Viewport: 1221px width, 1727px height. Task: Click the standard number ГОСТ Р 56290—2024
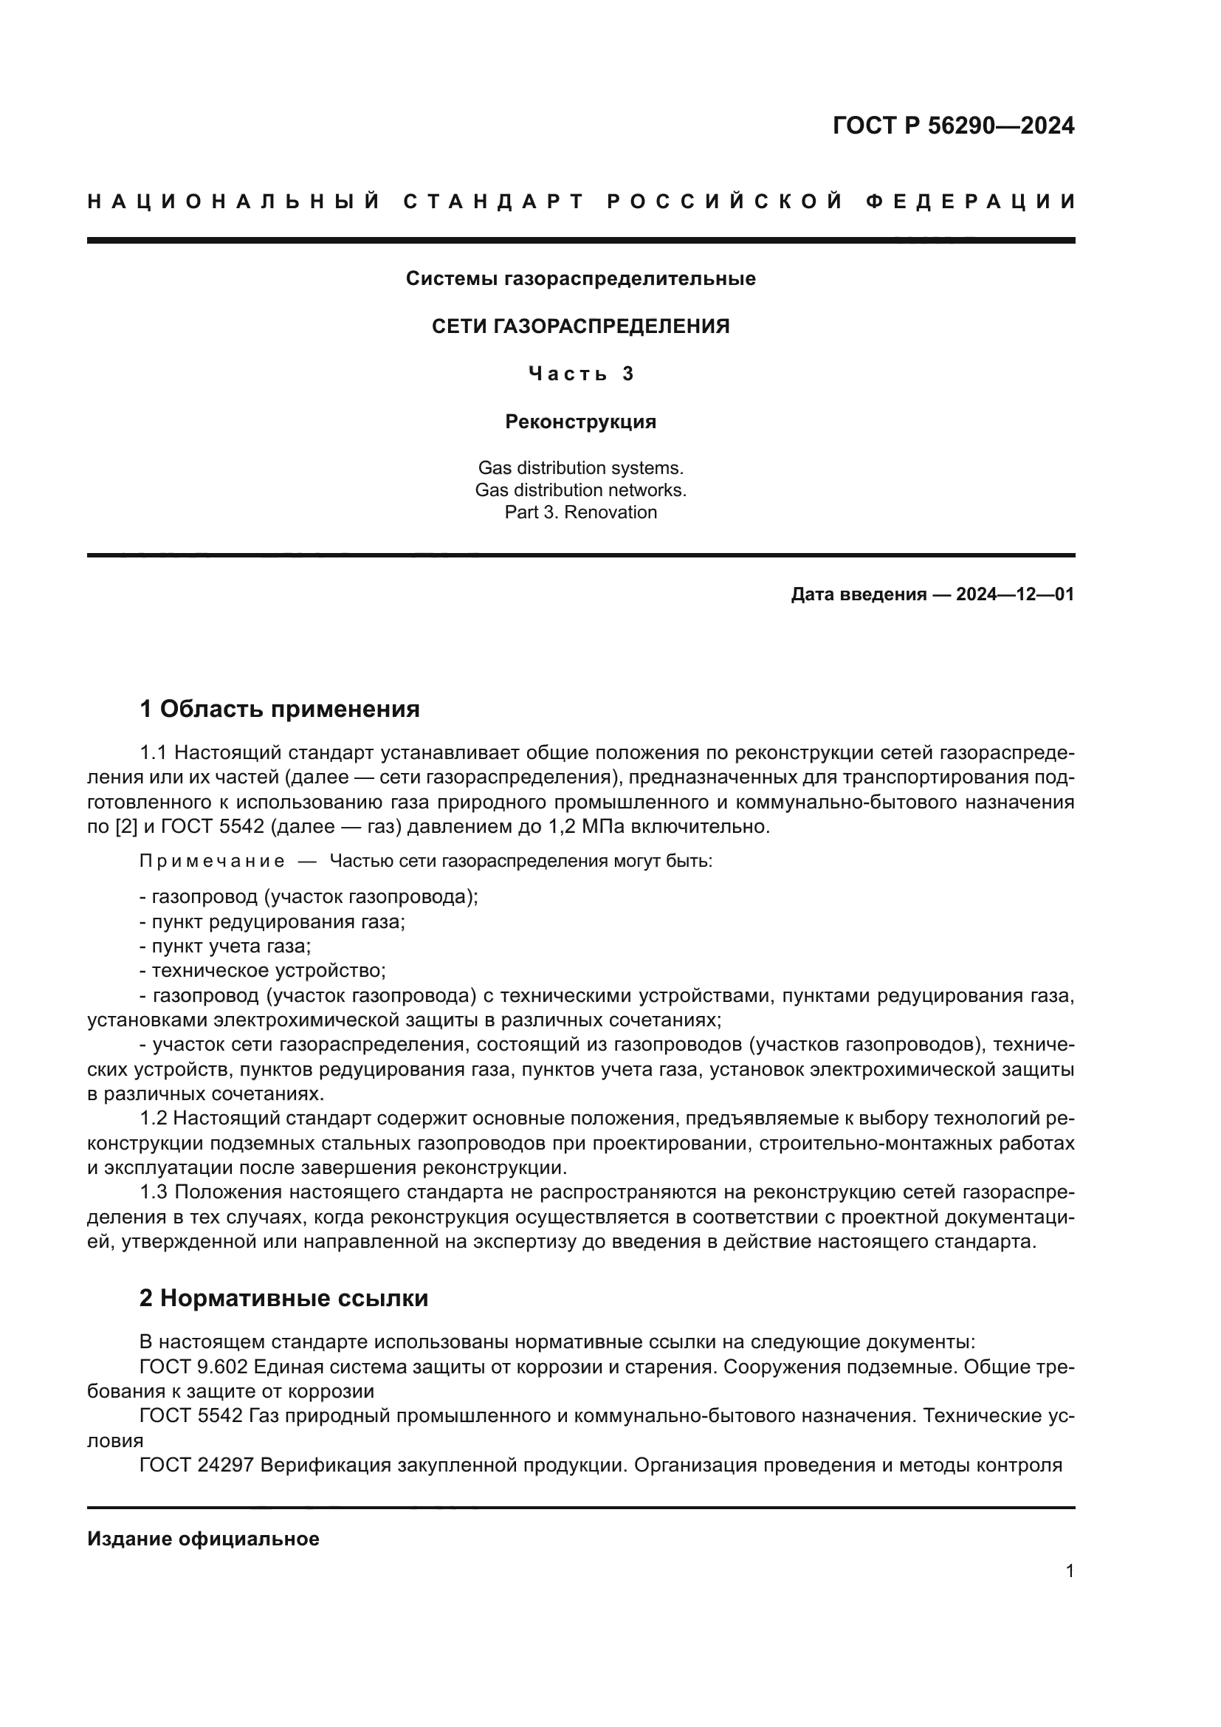pos(952,126)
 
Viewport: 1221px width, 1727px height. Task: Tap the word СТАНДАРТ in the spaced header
pos(494,202)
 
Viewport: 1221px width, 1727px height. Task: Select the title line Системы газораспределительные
pos(580,279)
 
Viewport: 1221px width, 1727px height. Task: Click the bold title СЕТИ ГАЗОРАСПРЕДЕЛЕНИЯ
pos(580,326)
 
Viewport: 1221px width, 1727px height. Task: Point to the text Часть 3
pos(580,374)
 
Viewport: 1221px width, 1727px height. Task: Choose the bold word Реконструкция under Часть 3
pos(580,422)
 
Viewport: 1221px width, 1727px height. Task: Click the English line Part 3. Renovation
pos(580,512)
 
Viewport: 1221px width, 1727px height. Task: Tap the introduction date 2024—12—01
pos(1014,594)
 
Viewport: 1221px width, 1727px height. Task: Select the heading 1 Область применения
pos(280,709)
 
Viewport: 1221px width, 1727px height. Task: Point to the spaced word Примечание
pos(212,861)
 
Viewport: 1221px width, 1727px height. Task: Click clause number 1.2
pos(154,1119)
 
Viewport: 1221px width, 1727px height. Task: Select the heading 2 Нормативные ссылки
pos(283,1298)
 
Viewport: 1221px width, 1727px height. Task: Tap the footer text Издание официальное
pos(203,1539)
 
